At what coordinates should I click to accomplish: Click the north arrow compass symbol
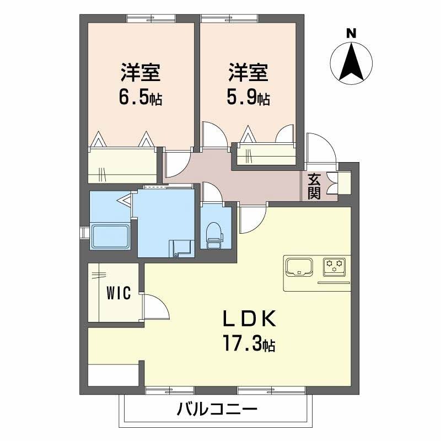[351, 64]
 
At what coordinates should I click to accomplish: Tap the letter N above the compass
[351, 33]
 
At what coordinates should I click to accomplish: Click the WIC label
[119, 293]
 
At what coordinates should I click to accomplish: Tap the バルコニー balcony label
[217, 410]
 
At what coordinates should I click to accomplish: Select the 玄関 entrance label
[314, 186]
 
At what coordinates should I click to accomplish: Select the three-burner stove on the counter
[335, 266]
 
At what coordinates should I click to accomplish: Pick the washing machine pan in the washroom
[182, 248]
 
